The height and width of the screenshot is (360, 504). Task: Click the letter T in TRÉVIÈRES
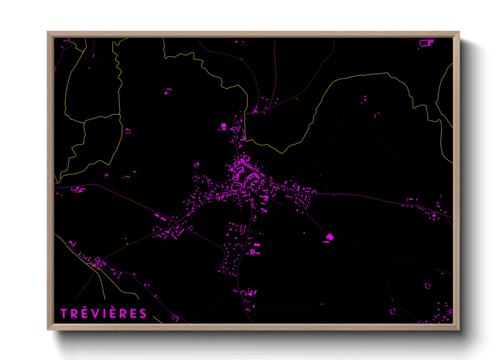(64, 314)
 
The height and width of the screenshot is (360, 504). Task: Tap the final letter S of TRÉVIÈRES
(143, 314)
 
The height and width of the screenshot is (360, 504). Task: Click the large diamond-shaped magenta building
(330, 237)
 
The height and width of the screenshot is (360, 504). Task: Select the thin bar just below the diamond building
(327, 242)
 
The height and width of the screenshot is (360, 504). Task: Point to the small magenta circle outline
(219, 130)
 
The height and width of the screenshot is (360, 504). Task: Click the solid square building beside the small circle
(224, 126)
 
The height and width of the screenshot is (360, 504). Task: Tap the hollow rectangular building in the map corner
(425, 43)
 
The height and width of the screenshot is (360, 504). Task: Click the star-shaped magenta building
(252, 252)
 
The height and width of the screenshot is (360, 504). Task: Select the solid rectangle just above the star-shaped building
(257, 245)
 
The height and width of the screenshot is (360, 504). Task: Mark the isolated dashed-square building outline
(427, 286)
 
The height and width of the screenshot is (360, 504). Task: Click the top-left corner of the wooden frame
(47, 32)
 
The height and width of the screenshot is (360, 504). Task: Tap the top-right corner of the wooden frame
(459, 32)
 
